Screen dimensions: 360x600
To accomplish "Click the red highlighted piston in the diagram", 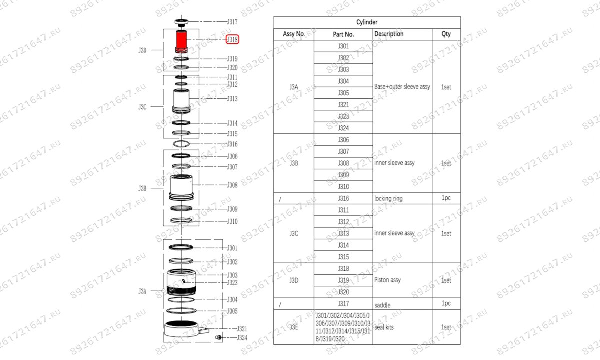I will coord(181,41).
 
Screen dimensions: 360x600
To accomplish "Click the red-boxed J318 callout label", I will coord(232,39).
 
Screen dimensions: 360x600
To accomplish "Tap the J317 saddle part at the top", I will coord(181,22).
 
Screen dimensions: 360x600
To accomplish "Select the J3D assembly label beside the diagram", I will coord(142,50).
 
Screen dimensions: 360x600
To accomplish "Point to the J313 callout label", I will coord(232,99).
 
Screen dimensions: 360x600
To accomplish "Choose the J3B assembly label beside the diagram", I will coord(142,189).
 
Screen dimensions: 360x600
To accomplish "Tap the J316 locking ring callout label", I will coord(232,144).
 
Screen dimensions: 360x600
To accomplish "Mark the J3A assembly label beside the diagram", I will coord(142,291).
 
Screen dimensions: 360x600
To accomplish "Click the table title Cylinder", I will coord(367,22).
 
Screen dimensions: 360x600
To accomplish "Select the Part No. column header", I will coord(343,34).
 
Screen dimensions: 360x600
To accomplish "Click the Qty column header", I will coord(446,34).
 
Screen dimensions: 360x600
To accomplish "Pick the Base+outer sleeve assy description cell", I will coord(402,87).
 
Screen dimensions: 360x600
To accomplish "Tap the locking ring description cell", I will coord(388,198).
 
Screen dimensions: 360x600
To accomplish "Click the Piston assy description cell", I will coord(387,280).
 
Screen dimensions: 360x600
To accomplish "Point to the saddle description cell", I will coord(382,304).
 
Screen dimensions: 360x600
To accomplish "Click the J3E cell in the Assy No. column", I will coord(294,327).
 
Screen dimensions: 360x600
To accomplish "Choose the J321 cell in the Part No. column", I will coord(343,105).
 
